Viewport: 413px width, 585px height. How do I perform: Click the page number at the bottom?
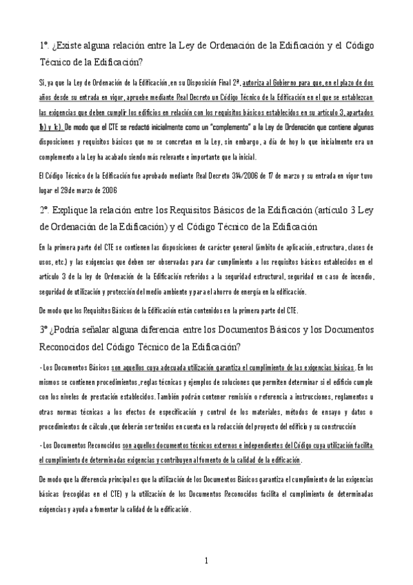(206, 560)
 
